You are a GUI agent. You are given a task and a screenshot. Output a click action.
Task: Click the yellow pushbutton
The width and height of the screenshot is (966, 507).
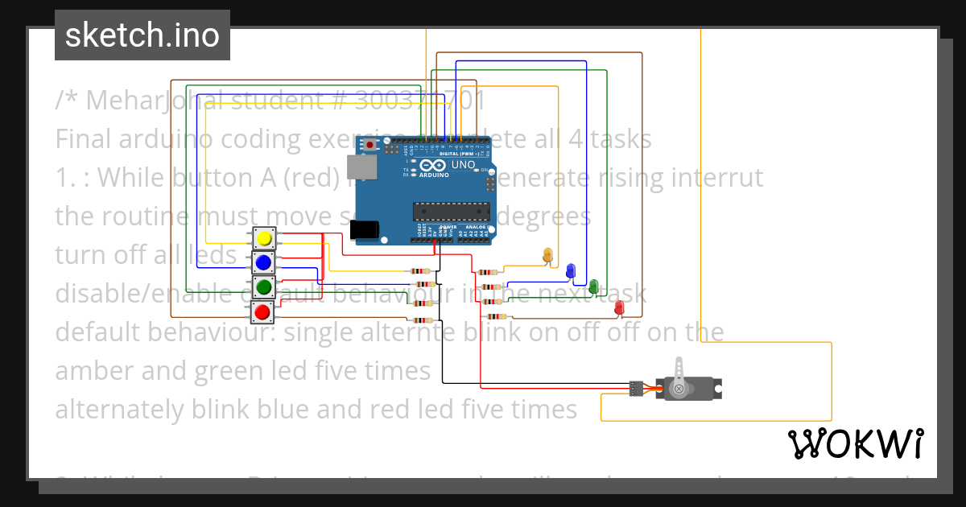tap(263, 239)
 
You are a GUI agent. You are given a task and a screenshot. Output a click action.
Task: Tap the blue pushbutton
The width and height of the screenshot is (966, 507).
tap(263, 262)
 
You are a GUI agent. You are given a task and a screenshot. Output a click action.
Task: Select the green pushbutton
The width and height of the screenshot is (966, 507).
tap(263, 286)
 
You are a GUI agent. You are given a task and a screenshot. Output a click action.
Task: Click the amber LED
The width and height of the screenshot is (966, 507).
tap(548, 255)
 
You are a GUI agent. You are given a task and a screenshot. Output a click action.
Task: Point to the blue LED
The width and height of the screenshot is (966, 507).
tap(571, 270)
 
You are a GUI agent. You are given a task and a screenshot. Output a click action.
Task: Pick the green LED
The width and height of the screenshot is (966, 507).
tap(594, 286)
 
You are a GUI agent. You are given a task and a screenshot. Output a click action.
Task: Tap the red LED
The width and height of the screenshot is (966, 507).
tap(619, 307)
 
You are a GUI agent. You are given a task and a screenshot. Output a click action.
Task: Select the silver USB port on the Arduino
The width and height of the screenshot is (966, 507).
tap(361, 167)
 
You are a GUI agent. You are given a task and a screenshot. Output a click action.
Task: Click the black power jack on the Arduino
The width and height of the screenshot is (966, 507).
tap(366, 229)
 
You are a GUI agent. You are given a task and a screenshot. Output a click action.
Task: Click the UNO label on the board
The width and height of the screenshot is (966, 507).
tap(463, 165)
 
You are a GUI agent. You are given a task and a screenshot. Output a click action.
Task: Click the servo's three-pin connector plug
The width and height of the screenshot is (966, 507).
tap(636, 390)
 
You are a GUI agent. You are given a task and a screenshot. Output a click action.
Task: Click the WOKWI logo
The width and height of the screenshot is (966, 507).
tap(855, 443)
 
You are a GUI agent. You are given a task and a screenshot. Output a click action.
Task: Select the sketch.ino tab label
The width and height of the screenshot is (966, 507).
tap(142, 35)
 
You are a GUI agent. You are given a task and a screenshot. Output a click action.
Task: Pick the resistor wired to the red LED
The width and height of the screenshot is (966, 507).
tap(499, 317)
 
